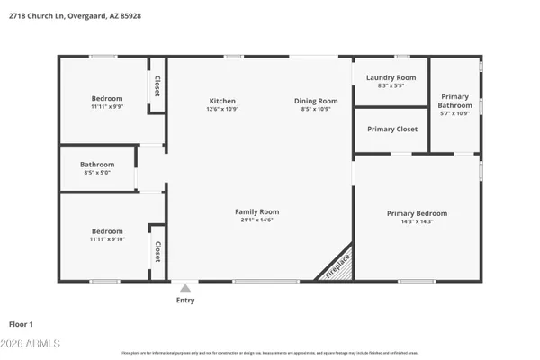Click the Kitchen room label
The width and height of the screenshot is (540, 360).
tap(222, 101)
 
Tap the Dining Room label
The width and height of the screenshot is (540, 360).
tap(316, 101)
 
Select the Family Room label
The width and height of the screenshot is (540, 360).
tap(256, 211)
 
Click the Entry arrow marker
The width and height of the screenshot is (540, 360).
tap(185, 288)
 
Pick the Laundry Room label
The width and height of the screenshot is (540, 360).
tap(391, 78)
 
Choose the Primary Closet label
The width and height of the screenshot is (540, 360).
tap(391, 130)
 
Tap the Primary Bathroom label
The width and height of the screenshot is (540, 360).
tap(454, 101)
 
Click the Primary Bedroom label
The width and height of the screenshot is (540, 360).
tap(417, 213)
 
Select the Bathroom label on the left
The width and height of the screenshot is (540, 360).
tap(97, 165)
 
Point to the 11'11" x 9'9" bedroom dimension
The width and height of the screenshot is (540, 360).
tap(107, 107)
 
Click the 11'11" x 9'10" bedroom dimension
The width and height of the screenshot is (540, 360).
tap(107, 239)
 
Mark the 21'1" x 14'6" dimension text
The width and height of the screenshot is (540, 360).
tap(256, 220)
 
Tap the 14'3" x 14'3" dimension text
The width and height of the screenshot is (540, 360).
tap(417, 221)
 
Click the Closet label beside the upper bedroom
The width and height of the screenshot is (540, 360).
tap(157, 85)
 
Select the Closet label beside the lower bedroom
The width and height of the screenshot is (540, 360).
tap(157, 251)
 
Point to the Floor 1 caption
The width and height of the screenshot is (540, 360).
tap(21, 323)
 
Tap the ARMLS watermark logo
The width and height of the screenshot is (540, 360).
tap(32, 344)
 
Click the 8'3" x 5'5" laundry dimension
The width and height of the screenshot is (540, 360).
tap(391, 86)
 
